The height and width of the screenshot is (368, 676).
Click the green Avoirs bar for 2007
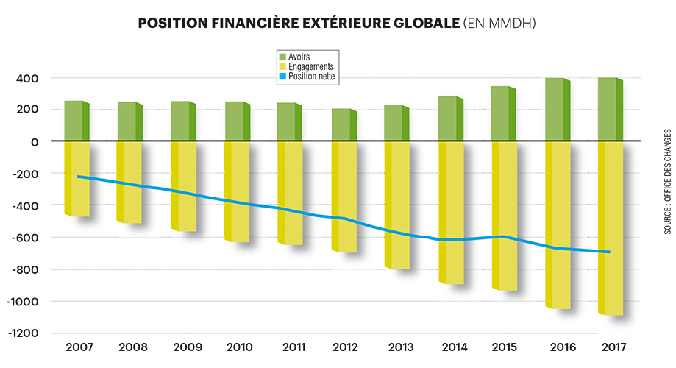click(x=74, y=120)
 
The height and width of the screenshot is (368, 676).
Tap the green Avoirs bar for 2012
click(x=342, y=124)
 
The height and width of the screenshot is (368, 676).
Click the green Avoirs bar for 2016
click(x=555, y=109)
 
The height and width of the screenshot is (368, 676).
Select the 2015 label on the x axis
click(x=503, y=347)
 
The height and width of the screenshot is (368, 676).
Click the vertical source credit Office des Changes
click(x=667, y=181)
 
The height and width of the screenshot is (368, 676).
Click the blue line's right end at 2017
click(x=608, y=252)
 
